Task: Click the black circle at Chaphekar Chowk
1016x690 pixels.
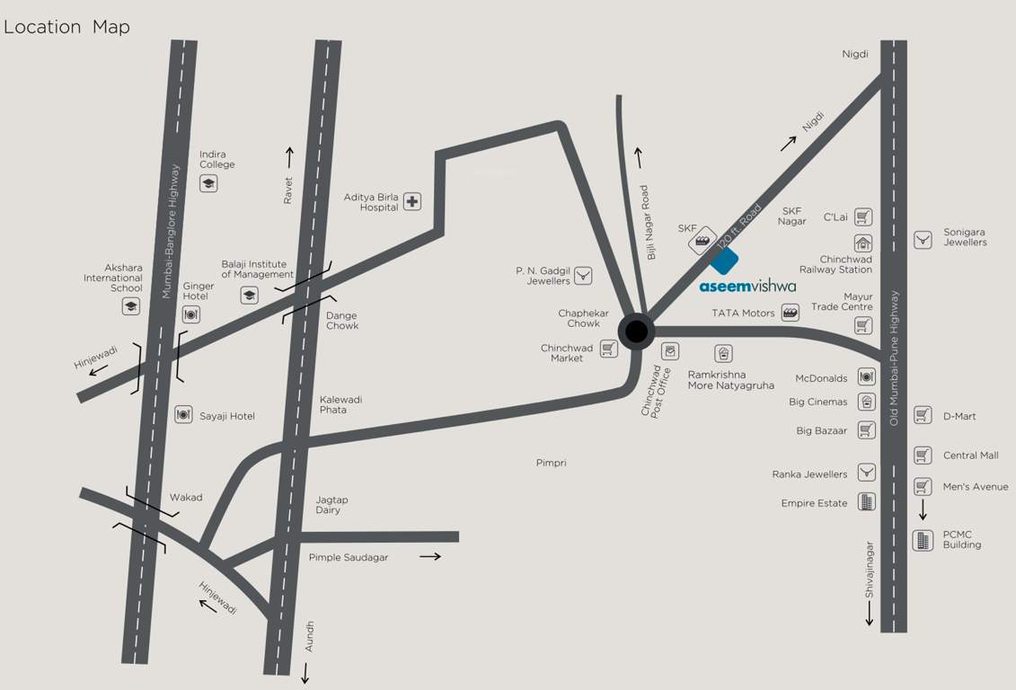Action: pyautogui.click(x=636, y=332)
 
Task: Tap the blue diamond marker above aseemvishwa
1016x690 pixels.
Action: pyautogui.click(x=724, y=261)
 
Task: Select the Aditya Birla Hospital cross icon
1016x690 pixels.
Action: pyautogui.click(x=411, y=201)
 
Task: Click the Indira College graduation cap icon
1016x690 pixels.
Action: pyautogui.click(x=208, y=183)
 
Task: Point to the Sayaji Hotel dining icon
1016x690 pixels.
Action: pyautogui.click(x=183, y=415)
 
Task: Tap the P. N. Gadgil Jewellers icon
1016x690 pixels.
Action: pyautogui.click(x=583, y=275)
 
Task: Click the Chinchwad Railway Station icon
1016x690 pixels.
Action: pyautogui.click(x=863, y=243)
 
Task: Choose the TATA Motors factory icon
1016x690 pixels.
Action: pyautogui.click(x=791, y=313)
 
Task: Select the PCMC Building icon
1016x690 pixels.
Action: pyautogui.click(x=923, y=540)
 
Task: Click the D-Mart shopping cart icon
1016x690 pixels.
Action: pyautogui.click(x=923, y=415)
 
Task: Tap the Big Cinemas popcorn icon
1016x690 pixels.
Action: pyautogui.click(x=867, y=402)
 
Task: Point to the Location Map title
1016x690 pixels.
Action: pyautogui.click(x=67, y=27)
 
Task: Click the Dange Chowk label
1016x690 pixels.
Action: pyautogui.click(x=342, y=321)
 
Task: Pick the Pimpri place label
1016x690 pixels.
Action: pyautogui.click(x=551, y=463)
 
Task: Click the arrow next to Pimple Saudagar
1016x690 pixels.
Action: pyautogui.click(x=430, y=557)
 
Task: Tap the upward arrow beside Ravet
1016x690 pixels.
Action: pyautogui.click(x=289, y=158)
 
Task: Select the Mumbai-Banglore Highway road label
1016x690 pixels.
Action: pyautogui.click(x=167, y=232)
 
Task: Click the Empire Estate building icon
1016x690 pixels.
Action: pyautogui.click(x=866, y=502)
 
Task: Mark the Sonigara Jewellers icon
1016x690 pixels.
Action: pyautogui.click(x=923, y=240)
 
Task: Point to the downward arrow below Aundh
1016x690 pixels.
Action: pyautogui.click(x=305, y=673)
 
